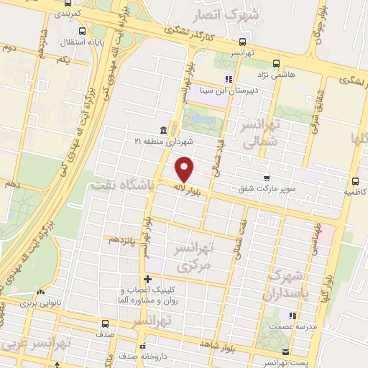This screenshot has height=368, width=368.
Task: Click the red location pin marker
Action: pyautogui.click(x=185, y=169)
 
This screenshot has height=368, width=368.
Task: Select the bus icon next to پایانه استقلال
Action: pyautogui.click(x=83, y=32)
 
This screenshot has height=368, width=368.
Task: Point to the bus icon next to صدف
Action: pyautogui.click(x=106, y=323)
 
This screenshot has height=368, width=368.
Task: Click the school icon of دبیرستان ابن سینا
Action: pyautogui.click(x=228, y=79)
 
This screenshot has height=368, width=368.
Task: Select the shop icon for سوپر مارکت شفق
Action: pyautogui.click(x=267, y=177)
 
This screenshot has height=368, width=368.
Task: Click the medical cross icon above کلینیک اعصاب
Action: pyautogui.click(x=147, y=279)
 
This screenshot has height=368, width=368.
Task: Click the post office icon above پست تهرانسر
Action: pyautogui.click(x=286, y=352)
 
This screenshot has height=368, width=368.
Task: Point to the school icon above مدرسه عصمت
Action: pyautogui.click(x=291, y=316)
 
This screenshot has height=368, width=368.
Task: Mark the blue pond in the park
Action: pyautogui.click(x=198, y=117)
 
